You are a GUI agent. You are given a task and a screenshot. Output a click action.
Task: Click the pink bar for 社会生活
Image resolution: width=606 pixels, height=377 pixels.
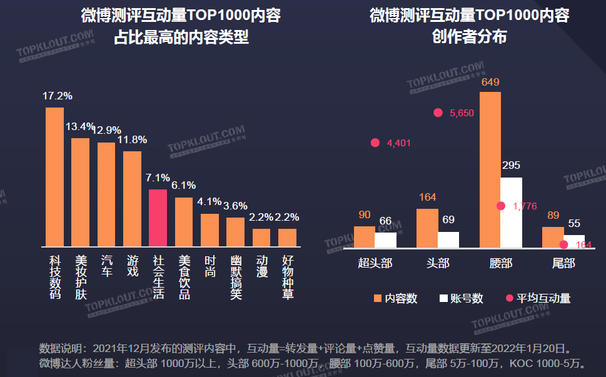click(158, 218)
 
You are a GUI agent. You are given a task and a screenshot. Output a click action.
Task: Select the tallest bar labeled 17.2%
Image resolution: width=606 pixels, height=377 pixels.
click(54, 177)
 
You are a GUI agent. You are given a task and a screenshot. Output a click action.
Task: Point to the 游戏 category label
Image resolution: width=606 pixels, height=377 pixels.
click(132, 266)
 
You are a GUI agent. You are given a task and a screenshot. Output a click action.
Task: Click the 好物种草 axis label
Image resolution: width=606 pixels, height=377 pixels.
click(288, 276)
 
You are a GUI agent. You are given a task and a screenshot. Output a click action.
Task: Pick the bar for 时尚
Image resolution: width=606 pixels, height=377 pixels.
click(210, 230)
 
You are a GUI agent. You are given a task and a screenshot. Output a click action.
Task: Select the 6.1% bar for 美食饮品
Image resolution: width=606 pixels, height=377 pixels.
click(183, 222)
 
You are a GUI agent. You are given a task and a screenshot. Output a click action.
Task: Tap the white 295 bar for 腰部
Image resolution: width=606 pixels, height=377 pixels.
click(511, 213)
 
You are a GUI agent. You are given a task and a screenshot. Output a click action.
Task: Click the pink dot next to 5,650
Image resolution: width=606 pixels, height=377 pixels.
click(438, 113)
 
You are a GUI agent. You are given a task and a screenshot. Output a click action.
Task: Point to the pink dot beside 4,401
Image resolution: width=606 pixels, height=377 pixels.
click(375, 143)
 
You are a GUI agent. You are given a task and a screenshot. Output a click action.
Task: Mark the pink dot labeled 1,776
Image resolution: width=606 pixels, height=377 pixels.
click(501, 206)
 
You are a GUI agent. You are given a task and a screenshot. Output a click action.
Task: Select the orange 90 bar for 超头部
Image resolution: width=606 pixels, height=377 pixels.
click(364, 237)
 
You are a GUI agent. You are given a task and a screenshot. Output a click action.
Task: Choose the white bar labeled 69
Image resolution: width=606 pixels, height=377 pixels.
click(448, 239)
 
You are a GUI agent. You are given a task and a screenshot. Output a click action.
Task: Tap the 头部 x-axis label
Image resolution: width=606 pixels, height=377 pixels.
click(437, 263)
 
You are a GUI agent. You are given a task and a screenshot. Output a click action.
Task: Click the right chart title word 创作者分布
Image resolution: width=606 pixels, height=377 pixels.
click(469, 38)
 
